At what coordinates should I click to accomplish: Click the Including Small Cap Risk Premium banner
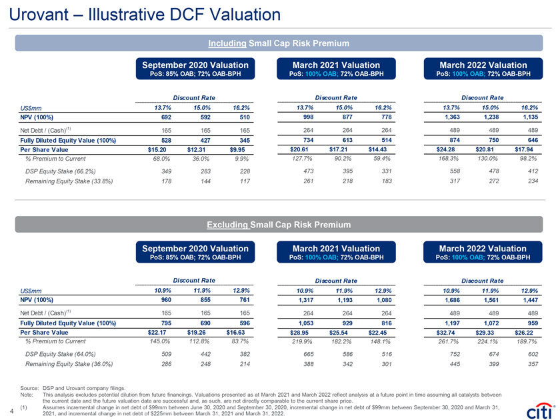pos(279,43)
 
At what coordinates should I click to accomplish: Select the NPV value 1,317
pos(303,301)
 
